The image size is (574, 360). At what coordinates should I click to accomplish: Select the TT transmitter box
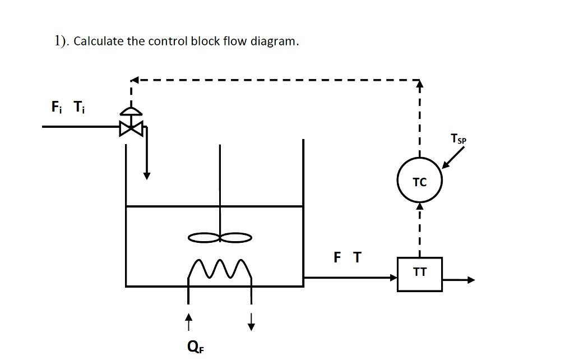pos(419,274)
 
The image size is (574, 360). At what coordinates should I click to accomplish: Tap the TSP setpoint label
pos(457,139)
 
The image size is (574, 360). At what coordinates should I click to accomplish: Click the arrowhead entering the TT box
pos(393,277)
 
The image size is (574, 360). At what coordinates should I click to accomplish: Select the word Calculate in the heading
pos(99,41)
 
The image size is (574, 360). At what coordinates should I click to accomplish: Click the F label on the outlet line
pos(337,257)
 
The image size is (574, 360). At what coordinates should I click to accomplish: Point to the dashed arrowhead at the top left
pos(135,80)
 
